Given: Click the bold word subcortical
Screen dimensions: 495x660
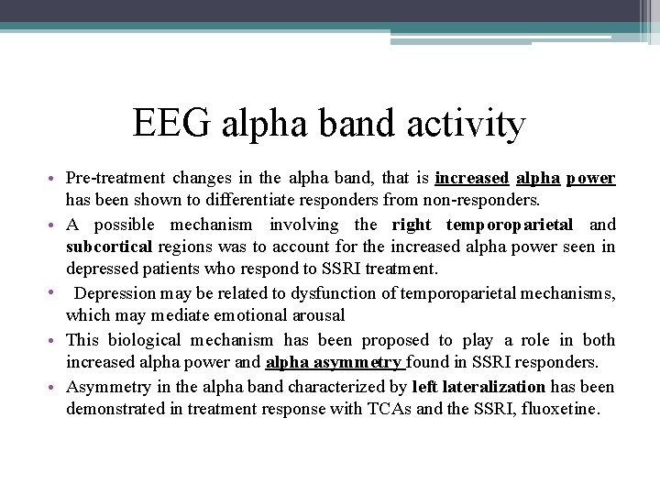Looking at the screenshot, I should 111,247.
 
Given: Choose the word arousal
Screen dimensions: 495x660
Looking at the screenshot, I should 315,316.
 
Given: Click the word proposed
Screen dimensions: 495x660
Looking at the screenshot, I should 395,339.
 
